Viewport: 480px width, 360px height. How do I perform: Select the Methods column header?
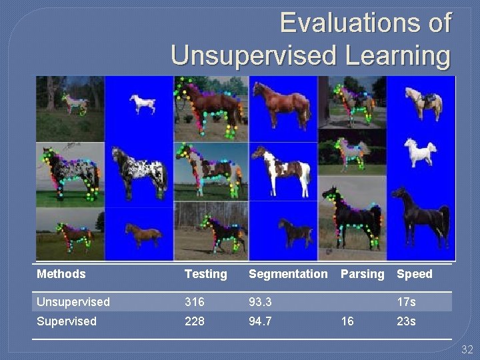(x=61, y=274)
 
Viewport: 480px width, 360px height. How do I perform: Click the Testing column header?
(x=205, y=274)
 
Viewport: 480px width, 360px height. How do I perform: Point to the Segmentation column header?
(x=288, y=274)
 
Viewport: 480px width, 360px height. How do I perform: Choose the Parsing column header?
(x=363, y=274)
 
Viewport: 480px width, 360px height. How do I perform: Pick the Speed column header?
(x=415, y=274)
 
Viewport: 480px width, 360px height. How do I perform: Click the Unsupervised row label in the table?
(x=73, y=302)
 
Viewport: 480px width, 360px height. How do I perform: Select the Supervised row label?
(x=67, y=321)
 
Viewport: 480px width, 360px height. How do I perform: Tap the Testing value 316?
(x=195, y=302)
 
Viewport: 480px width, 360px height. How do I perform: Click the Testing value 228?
(x=195, y=321)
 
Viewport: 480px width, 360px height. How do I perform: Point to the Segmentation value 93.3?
(x=261, y=302)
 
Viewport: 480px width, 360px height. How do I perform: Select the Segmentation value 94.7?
(x=261, y=321)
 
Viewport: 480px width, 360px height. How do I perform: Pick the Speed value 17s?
(x=406, y=302)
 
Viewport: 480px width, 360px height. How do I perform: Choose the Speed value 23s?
(x=406, y=321)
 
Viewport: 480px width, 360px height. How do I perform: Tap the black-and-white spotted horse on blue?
(x=140, y=174)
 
